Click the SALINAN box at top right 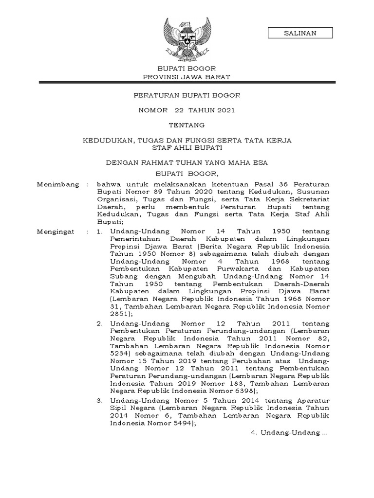(x=300, y=33)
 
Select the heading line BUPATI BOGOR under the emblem (x=187, y=69)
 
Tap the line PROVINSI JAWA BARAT (x=187, y=77)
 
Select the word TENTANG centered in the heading (x=187, y=125)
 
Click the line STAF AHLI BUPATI (x=187, y=147)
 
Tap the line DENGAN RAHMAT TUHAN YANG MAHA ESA (x=187, y=162)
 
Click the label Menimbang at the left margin (x=57, y=185)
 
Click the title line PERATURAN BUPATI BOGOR (x=187, y=95)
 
